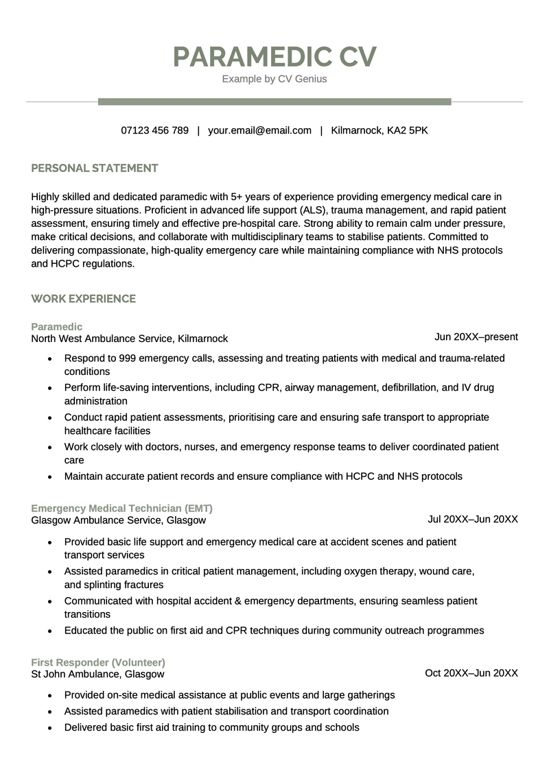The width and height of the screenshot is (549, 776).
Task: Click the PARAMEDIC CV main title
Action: (x=274, y=57)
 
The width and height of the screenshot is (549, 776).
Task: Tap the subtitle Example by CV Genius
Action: (x=274, y=79)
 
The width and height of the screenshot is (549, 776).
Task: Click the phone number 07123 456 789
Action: (x=154, y=130)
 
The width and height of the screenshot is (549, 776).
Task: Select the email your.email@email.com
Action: (x=259, y=130)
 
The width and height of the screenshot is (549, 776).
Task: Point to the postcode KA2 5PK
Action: (x=408, y=130)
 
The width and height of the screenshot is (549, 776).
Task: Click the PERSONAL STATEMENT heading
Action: (x=95, y=168)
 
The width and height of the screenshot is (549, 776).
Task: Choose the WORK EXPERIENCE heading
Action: (x=83, y=299)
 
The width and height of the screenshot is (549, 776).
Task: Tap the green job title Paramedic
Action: (x=56, y=327)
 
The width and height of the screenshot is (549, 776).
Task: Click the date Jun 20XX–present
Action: (x=476, y=337)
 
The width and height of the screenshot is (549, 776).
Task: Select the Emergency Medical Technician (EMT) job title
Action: (x=121, y=509)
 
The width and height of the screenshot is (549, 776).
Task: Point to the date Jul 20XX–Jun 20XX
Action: (x=472, y=519)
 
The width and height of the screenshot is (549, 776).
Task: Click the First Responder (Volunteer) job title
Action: (x=98, y=663)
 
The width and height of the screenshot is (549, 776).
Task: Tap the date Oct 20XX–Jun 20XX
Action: (x=471, y=673)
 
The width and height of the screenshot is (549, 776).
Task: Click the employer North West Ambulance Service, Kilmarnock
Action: (x=129, y=339)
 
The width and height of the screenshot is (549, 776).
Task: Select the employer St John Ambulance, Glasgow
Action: (x=97, y=675)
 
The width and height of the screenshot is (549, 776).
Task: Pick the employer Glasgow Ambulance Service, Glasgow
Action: (x=118, y=520)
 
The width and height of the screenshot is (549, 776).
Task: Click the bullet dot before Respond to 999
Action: (x=49, y=359)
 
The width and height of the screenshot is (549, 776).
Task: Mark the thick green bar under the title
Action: (x=274, y=101)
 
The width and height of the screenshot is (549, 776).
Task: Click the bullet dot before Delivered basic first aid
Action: (x=49, y=728)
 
